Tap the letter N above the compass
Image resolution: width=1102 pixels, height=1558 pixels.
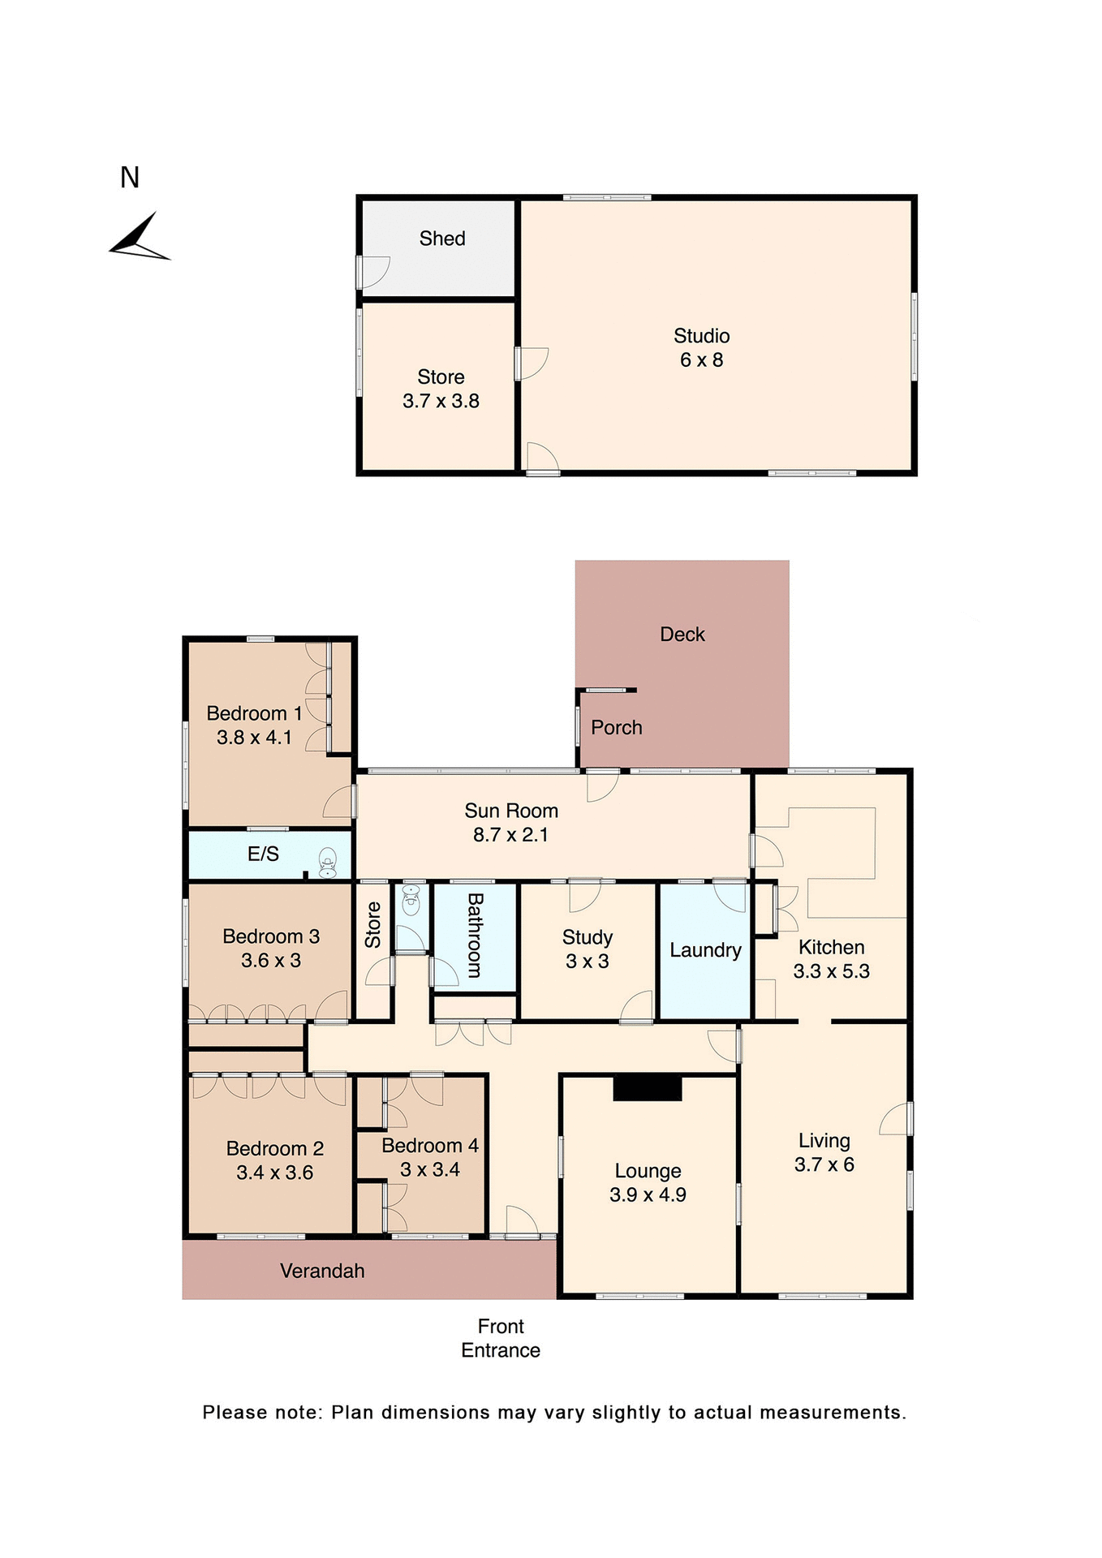(x=130, y=178)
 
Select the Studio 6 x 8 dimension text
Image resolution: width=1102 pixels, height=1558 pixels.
(x=701, y=359)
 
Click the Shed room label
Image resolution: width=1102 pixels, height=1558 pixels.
(x=442, y=239)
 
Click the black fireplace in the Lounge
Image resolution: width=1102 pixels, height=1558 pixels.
(x=647, y=1088)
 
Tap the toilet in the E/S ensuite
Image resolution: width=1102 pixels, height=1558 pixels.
(x=327, y=863)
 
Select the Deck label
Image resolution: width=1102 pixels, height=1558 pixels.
(x=682, y=635)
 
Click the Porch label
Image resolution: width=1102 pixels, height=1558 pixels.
(x=617, y=728)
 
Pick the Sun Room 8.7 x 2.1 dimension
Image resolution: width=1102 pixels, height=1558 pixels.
(x=510, y=835)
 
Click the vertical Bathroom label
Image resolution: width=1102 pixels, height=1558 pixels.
(x=476, y=935)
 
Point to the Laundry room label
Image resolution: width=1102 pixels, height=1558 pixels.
(x=705, y=950)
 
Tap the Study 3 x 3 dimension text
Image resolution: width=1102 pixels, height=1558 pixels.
(x=587, y=962)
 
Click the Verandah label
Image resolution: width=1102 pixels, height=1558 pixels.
(x=322, y=1271)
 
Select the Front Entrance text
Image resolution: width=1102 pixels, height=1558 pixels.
(x=501, y=1338)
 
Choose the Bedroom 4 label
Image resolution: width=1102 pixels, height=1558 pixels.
(x=430, y=1146)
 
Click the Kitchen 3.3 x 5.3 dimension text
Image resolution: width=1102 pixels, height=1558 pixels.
(x=831, y=971)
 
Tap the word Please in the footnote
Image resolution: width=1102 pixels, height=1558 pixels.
(x=235, y=1413)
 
